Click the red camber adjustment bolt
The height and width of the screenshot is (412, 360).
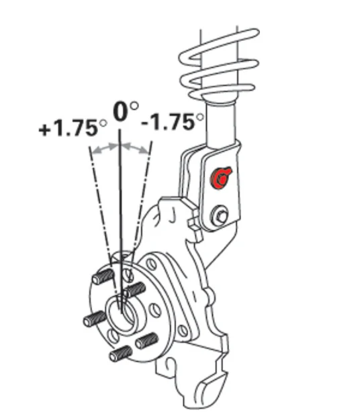pos(220,178)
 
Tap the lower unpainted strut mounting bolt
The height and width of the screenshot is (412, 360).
pos(220,215)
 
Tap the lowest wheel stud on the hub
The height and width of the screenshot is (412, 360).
pos(121,354)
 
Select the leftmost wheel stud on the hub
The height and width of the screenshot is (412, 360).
pos(95,319)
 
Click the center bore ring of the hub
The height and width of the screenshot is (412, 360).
pos(122,314)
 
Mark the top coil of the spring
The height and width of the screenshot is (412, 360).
pos(219,46)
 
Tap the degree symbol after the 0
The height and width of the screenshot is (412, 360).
pos(134,105)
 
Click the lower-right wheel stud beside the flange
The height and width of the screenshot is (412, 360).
pos(146,340)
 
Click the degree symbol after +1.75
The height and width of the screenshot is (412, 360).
pos(103,123)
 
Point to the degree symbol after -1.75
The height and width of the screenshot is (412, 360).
pos(200,117)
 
